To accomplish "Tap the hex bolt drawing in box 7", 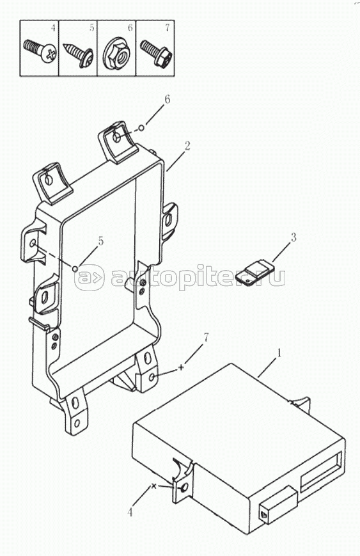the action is coord(156,53).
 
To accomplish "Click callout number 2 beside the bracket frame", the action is coord(187,145).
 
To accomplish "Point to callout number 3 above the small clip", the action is coord(293,237).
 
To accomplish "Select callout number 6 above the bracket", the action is coord(167,99).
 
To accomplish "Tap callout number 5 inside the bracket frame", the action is coord(101,241).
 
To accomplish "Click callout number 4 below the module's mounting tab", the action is coord(130,512).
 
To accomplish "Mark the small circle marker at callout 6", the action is coord(141,128).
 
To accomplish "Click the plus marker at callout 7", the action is coord(181,367).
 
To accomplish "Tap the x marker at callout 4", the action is coord(153,486).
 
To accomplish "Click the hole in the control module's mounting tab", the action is coord(183,488).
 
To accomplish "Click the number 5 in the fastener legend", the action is coord(91,28).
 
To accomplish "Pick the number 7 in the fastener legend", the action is coord(168,28).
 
